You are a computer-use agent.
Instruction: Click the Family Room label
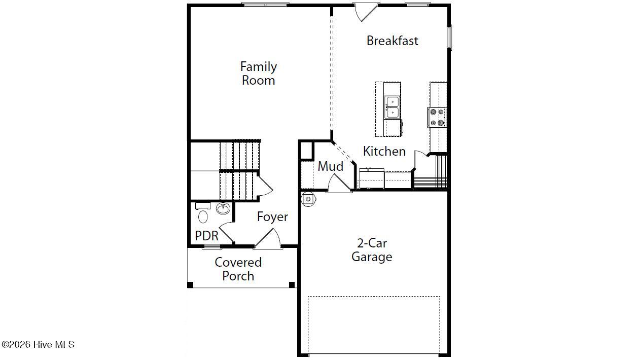259,74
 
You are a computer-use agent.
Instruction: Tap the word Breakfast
393,41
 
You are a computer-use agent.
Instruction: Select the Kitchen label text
384,151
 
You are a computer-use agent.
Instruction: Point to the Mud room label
331,166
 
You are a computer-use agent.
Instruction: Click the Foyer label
272,217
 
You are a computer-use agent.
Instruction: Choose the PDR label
206,236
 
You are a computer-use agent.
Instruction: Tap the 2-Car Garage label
372,250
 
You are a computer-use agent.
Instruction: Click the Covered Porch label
238,269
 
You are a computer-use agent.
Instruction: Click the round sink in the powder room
223,208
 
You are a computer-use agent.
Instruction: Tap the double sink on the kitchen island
392,107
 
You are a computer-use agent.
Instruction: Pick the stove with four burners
437,117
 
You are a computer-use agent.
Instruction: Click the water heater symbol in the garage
308,199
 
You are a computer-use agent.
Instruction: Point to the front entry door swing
268,238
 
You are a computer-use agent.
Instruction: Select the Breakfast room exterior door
366,12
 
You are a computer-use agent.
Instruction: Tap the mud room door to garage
339,183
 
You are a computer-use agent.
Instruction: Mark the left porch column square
190,285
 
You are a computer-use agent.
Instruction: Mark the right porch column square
292,285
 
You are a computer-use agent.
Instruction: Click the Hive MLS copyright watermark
38,344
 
